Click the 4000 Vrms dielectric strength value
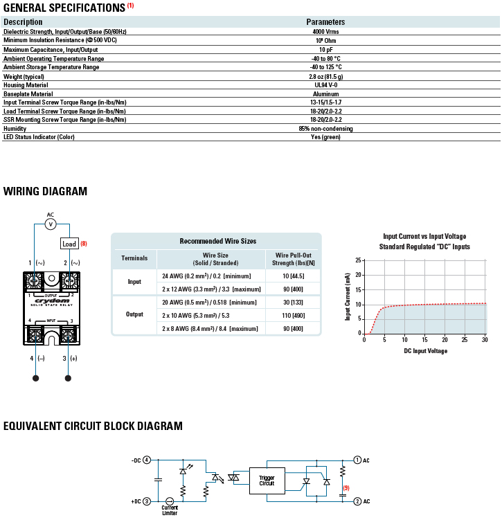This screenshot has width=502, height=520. pyautogui.click(x=325, y=32)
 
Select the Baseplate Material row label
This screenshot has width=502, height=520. pyautogui.click(x=28, y=93)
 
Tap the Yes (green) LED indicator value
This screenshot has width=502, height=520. pyautogui.click(x=325, y=136)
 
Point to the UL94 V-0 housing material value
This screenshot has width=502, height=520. pyautogui.click(x=325, y=85)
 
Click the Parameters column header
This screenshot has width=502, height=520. pyautogui.click(x=325, y=22)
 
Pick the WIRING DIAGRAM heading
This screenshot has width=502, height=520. pyautogui.click(x=46, y=192)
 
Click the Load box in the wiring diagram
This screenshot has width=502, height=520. pyautogui.click(x=69, y=244)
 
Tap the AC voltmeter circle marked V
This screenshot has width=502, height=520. pyautogui.click(x=50, y=224)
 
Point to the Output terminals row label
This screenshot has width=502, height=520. pyautogui.click(x=134, y=314)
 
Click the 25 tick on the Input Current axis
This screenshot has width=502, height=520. pyautogui.click(x=358, y=260)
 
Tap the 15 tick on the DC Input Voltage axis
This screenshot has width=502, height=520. pyautogui.click(x=424, y=339)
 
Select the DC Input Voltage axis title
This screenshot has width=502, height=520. pyautogui.click(x=426, y=351)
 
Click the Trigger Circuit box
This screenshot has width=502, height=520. pyautogui.click(x=267, y=480)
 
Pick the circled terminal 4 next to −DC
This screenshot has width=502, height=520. pyautogui.click(x=147, y=460)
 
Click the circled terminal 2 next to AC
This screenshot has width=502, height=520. pyautogui.click(x=357, y=501)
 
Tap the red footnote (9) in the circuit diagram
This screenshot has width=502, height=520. pyautogui.click(x=346, y=487)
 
